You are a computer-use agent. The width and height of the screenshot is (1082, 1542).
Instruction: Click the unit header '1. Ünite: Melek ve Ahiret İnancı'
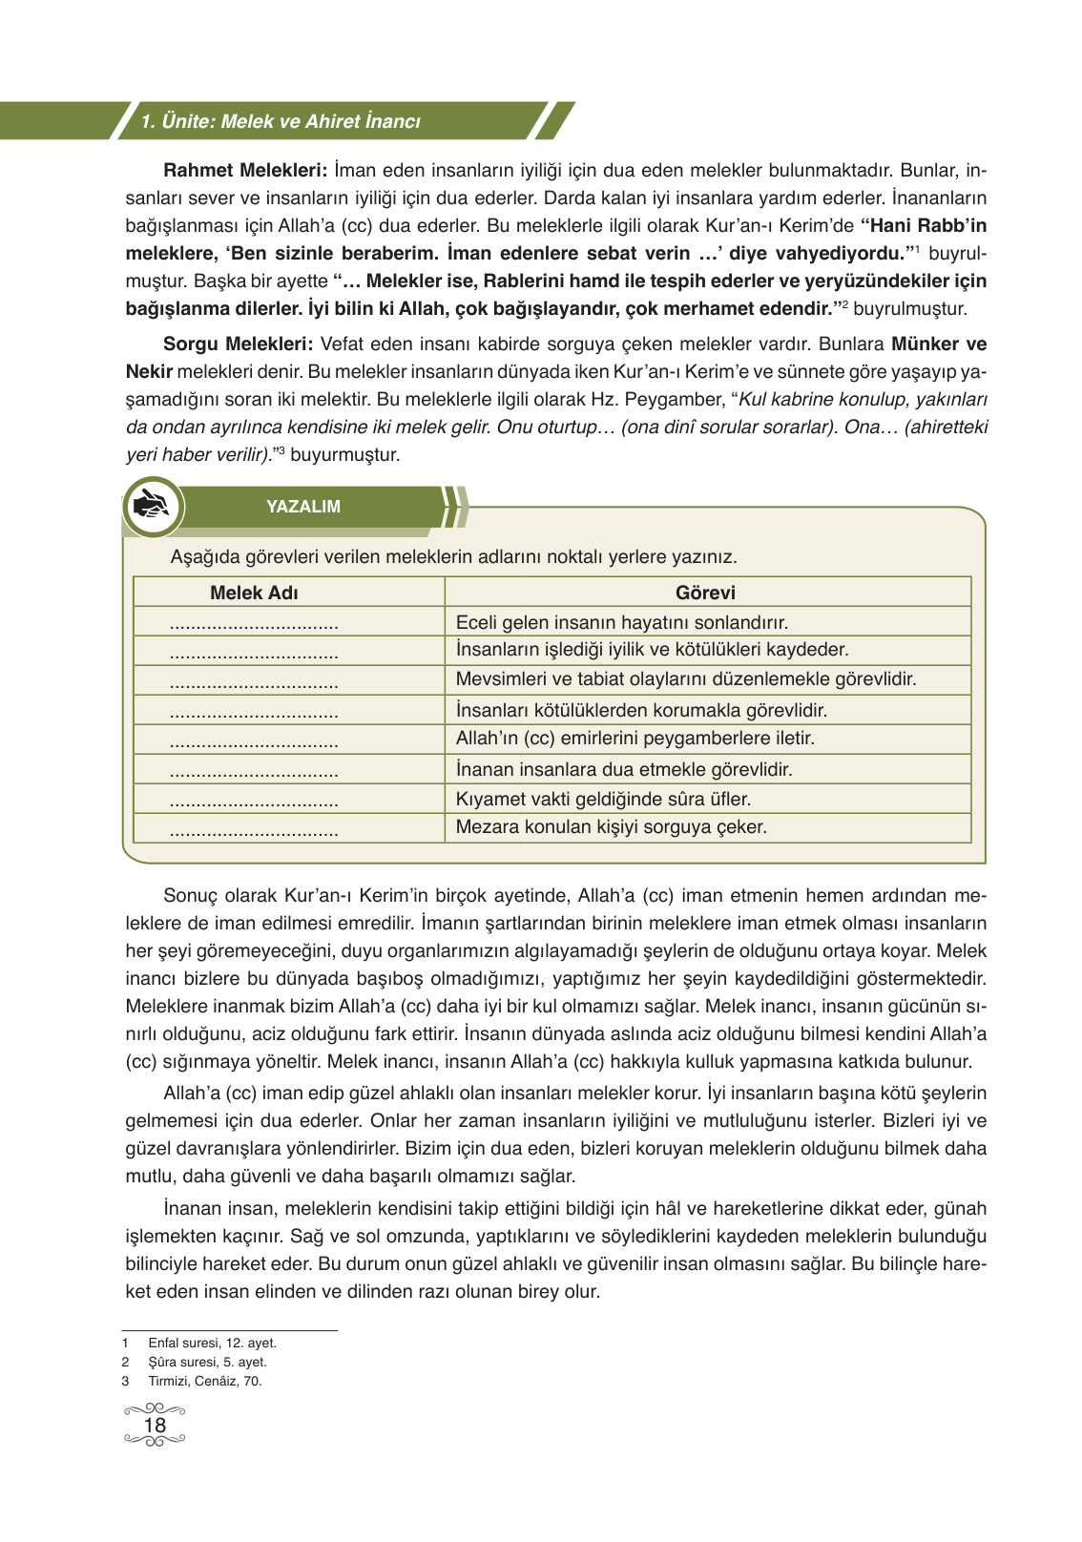pyautogui.click(x=280, y=122)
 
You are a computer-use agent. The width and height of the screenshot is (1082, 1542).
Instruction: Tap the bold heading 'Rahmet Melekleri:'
pyautogui.click(x=245, y=171)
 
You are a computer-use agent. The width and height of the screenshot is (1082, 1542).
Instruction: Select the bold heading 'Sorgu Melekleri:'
pyautogui.click(x=238, y=344)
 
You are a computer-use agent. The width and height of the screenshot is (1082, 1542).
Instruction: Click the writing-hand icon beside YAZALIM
pyautogui.click(x=153, y=506)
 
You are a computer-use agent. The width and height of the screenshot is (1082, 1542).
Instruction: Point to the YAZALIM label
pyautogui.click(x=303, y=507)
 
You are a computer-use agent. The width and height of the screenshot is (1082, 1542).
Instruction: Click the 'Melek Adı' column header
pyautogui.click(x=254, y=593)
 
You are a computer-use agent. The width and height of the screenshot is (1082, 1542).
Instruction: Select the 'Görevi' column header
pyautogui.click(x=705, y=593)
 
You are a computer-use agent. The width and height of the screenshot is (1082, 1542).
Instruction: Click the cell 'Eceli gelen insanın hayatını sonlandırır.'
pyautogui.click(x=621, y=623)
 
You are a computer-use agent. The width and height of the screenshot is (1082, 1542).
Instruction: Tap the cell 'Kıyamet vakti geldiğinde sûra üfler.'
pyautogui.click(x=603, y=799)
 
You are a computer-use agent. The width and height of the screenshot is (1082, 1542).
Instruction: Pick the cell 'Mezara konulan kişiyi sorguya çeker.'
pyautogui.click(x=611, y=827)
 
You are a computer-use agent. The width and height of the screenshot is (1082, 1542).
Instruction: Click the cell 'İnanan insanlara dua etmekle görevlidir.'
pyautogui.click(x=624, y=769)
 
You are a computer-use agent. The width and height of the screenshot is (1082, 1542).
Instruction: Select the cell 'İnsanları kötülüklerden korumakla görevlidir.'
pyautogui.click(x=641, y=710)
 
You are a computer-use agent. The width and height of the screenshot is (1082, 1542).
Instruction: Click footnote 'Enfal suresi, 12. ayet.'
pyautogui.click(x=212, y=1343)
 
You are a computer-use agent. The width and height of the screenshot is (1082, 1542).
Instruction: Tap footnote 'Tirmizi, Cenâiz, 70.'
pyautogui.click(x=204, y=1381)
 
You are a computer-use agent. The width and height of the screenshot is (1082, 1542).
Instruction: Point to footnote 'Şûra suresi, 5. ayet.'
pyautogui.click(x=207, y=1362)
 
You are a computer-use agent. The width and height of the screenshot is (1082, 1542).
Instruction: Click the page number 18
pyautogui.click(x=155, y=1426)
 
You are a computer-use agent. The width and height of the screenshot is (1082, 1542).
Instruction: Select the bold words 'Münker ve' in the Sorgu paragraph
pyautogui.click(x=939, y=344)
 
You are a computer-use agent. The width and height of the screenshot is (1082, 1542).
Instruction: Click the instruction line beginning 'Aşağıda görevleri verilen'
pyautogui.click(x=453, y=557)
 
